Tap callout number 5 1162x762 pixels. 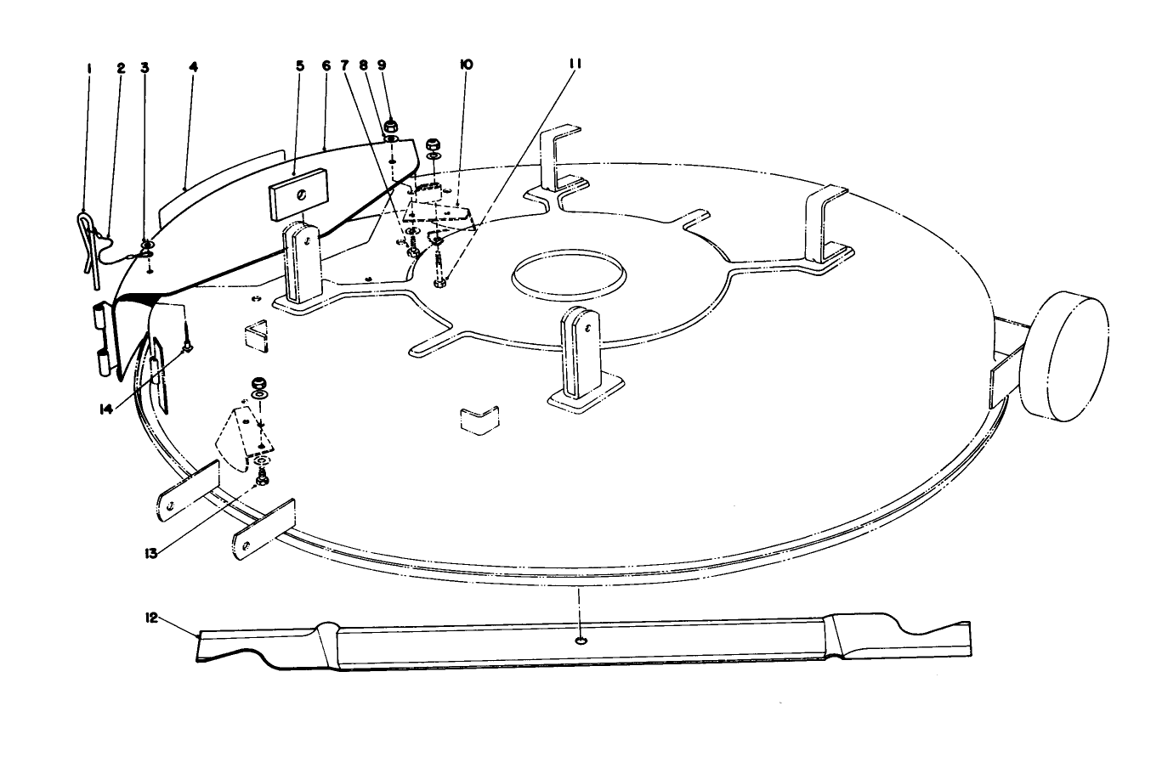[299, 65]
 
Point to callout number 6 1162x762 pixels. [326, 65]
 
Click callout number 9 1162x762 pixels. [382, 65]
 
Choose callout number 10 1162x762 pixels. [467, 65]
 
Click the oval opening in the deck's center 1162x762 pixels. [569, 274]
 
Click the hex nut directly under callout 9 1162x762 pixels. [392, 128]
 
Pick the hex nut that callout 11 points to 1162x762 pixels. [439, 283]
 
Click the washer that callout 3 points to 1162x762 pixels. [147, 252]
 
